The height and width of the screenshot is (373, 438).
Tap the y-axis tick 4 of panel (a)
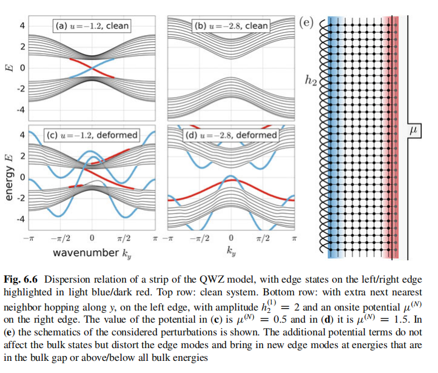pyautogui.click(x=22, y=25)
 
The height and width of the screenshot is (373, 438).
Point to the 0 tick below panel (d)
pyautogui.click(x=231, y=238)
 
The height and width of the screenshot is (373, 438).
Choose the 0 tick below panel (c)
pyautogui.click(x=92, y=238)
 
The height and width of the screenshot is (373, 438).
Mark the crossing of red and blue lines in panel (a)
pyautogui.click(x=92, y=68)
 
